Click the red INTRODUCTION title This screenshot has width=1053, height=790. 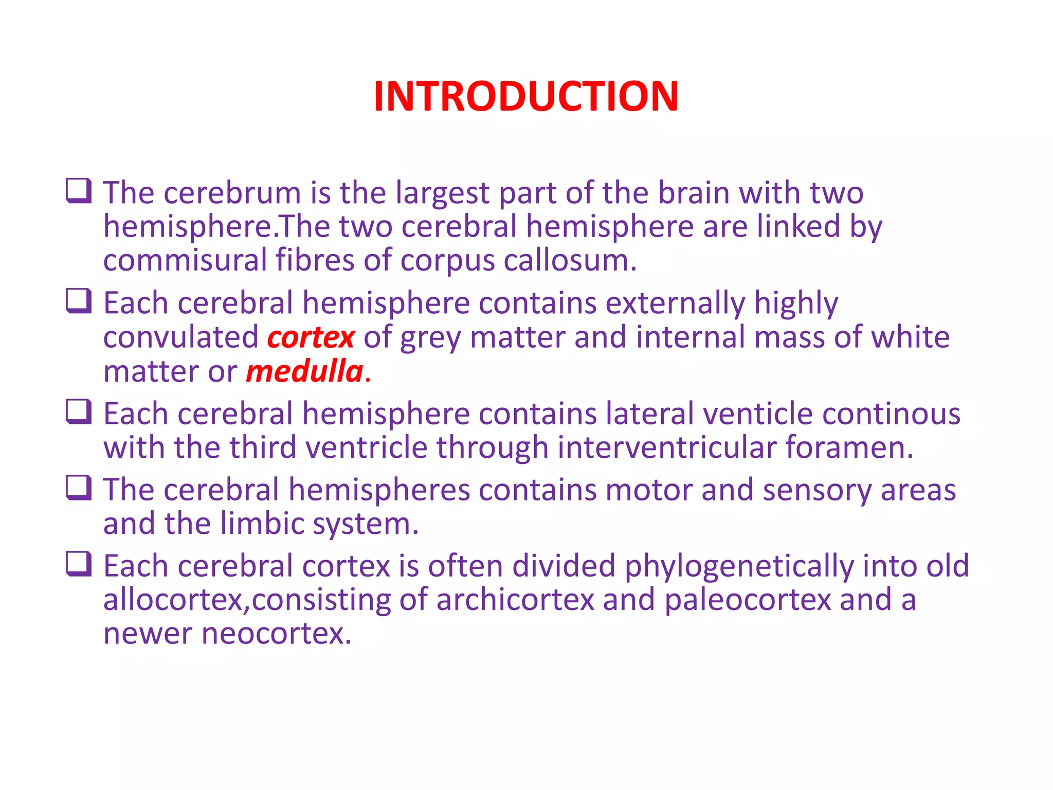(526, 96)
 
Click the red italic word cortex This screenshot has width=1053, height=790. (311, 337)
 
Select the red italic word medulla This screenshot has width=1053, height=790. (305, 371)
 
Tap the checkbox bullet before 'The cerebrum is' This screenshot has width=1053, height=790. (79, 191)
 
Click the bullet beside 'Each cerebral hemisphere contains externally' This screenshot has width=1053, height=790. (79, 301)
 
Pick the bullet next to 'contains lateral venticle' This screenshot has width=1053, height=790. (79, 412)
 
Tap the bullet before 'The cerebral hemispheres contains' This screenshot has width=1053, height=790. (79, 488)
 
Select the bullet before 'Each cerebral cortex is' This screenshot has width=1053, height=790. (79, 564)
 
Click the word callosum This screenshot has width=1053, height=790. (569, 260)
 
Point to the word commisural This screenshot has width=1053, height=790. (185, 260)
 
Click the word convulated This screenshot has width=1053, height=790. (181, 337)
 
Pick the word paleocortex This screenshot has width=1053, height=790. (748, 601)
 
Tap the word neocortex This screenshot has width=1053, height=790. (276, 634)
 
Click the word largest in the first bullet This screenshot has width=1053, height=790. (443, 194)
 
